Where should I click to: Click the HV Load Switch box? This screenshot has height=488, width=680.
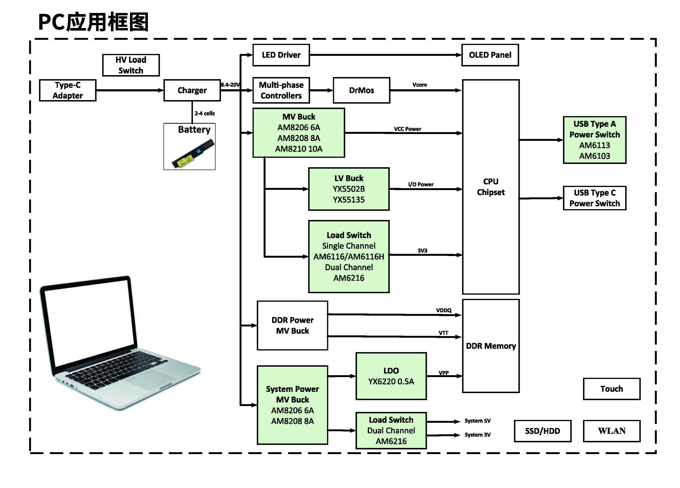coord(131,65)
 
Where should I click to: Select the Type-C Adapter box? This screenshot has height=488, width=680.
coord(67,90)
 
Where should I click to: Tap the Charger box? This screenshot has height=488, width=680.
coord(192,90)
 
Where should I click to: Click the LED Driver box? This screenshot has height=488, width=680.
coord(281,55)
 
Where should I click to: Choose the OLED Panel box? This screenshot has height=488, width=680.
coord(490,55)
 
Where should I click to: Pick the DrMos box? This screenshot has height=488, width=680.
coord(361,90)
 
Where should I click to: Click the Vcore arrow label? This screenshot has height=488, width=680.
coord(420,85)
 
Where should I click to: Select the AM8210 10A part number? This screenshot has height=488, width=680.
coord(299,149)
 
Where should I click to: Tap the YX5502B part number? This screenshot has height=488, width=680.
coord(349,189)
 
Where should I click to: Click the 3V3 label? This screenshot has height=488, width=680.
coord(422,250)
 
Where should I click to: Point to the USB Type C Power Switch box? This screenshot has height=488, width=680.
coord(594,198)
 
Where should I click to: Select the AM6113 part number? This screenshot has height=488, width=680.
coord(594,145)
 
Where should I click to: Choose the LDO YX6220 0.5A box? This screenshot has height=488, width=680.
coord(391,376)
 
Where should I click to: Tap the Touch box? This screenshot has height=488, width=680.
coord(611,389)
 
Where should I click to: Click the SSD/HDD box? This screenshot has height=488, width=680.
coord(542,431)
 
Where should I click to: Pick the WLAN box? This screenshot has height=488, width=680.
coord(611,431)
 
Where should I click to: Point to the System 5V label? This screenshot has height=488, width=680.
coord(477,421)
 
